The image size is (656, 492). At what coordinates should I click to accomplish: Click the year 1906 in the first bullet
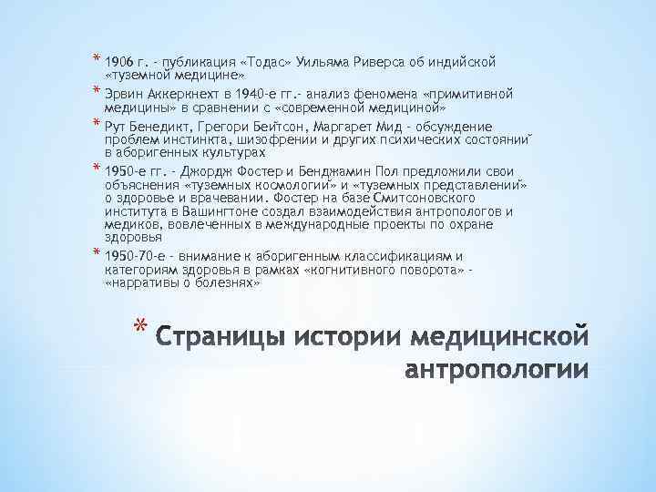(120, 62)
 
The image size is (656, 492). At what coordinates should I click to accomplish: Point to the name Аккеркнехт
(188, 94)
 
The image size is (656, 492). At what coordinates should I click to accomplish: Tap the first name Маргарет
(355, 127)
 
